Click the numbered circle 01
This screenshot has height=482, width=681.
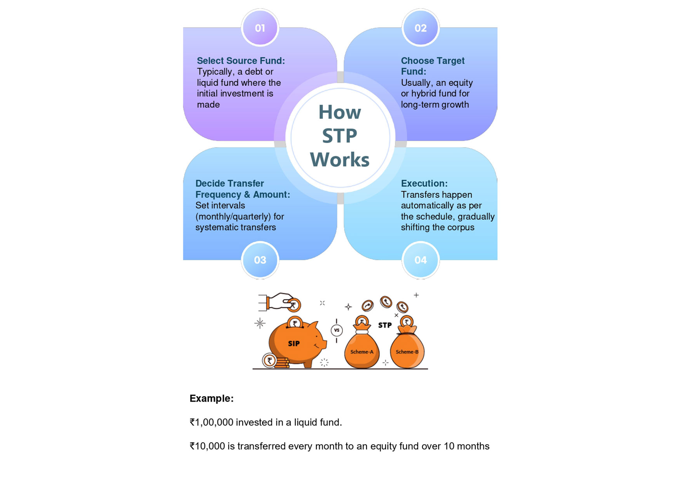pos(260,28)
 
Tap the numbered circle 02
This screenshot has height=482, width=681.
pos(420,28)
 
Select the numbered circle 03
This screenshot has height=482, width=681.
pos(260,260)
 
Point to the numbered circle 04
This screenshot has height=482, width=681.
pos(420,260)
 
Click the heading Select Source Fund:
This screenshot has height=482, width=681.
pos(241,61)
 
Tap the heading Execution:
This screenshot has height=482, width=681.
pos(424,183)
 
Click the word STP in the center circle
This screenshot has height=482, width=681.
pos(340,136)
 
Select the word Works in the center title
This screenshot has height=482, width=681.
pos(340,160)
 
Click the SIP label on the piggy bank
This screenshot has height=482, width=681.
pos(294,344)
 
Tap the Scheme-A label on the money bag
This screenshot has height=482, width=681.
pos(361,352)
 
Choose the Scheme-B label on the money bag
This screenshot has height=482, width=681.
pos(407,352)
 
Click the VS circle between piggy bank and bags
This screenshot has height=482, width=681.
pos(337,331)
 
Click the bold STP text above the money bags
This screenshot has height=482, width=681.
pos(385,325)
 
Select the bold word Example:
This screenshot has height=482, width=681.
pos(212,398)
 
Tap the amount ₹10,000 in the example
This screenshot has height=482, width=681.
pos(207,446)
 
